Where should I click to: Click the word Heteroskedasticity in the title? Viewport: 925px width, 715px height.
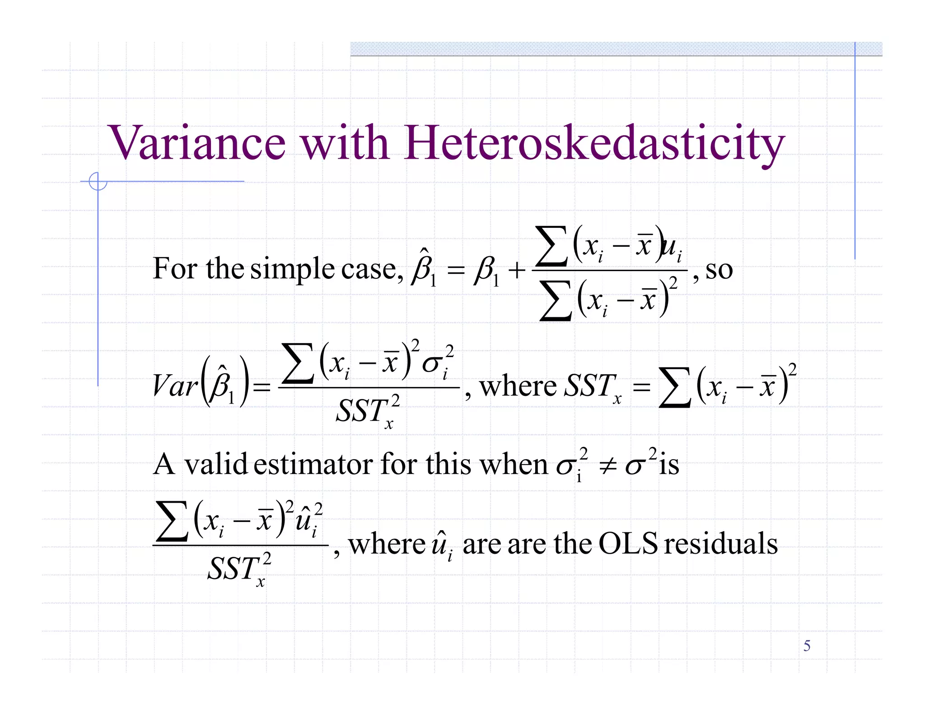click(594, 144)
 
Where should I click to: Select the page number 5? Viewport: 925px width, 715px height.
click(807, 646)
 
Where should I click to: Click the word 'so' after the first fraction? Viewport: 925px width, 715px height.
click(719, 270)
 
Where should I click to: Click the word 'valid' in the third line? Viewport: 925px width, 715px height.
click(215, 464)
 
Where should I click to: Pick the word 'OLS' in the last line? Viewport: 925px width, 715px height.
click(628, 543)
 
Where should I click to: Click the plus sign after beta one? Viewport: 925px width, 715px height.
click(517, 271)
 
